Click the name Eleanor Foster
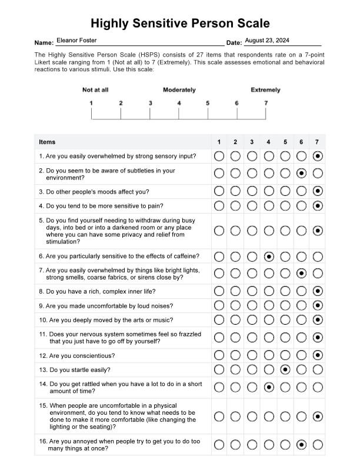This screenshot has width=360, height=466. (76, 41)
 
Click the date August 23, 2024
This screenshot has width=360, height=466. (266, 41)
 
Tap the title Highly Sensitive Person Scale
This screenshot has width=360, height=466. (180, 24)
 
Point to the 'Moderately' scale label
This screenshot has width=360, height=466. (179, 90)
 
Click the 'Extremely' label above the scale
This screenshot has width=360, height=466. (265, 90)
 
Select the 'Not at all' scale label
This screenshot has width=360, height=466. (95, 90)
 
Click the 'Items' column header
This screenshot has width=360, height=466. (47, 142)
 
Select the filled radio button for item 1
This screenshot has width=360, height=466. (318, 157)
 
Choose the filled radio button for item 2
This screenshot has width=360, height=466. (301, 174)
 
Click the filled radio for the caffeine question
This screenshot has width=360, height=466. (268, 257)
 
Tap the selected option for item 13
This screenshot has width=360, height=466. (285, 370)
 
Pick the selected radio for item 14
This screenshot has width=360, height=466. (268, 387)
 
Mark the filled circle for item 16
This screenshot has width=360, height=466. (301, 445)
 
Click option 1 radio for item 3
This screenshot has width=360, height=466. (219, 191)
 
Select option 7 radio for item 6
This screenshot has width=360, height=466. (318, 257)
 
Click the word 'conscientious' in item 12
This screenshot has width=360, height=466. (94, 356)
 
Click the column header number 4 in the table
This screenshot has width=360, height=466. (268, 142)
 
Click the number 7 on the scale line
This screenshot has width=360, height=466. (266, 104)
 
